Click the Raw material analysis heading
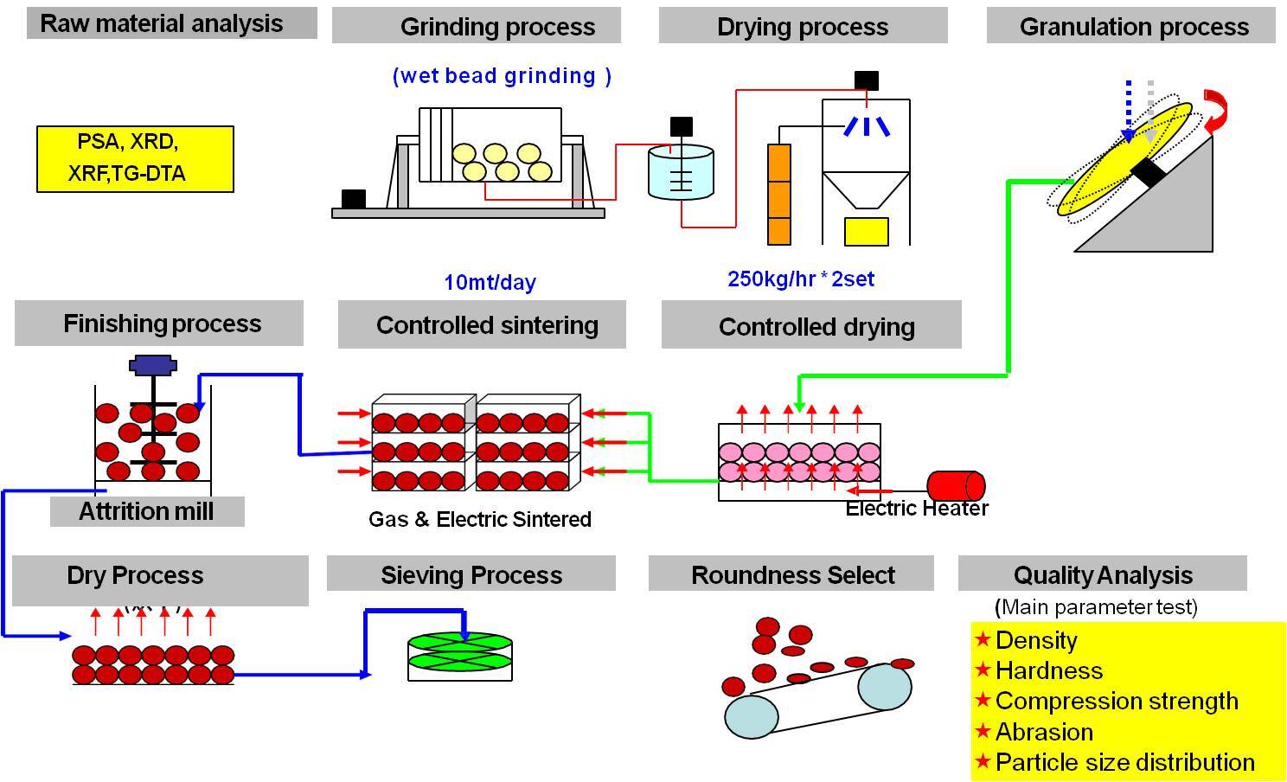point(162,23)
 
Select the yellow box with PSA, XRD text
point(135,158)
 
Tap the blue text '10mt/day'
point(490,282)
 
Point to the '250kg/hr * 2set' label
point(800,279)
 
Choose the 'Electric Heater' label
point(917,509)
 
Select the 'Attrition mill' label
point(146,511)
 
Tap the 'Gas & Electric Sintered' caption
point(480,519)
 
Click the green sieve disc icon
point(460,656)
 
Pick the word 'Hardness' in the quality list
point(1048,670)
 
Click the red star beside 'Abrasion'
point(983,731)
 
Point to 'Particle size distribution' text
point(1124,762)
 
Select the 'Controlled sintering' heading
point(487,325)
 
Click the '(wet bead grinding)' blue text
point(502,76)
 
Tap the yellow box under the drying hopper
point(866,231)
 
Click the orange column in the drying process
point(779,194)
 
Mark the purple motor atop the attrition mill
point(153,365)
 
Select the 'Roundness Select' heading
point(792,575)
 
